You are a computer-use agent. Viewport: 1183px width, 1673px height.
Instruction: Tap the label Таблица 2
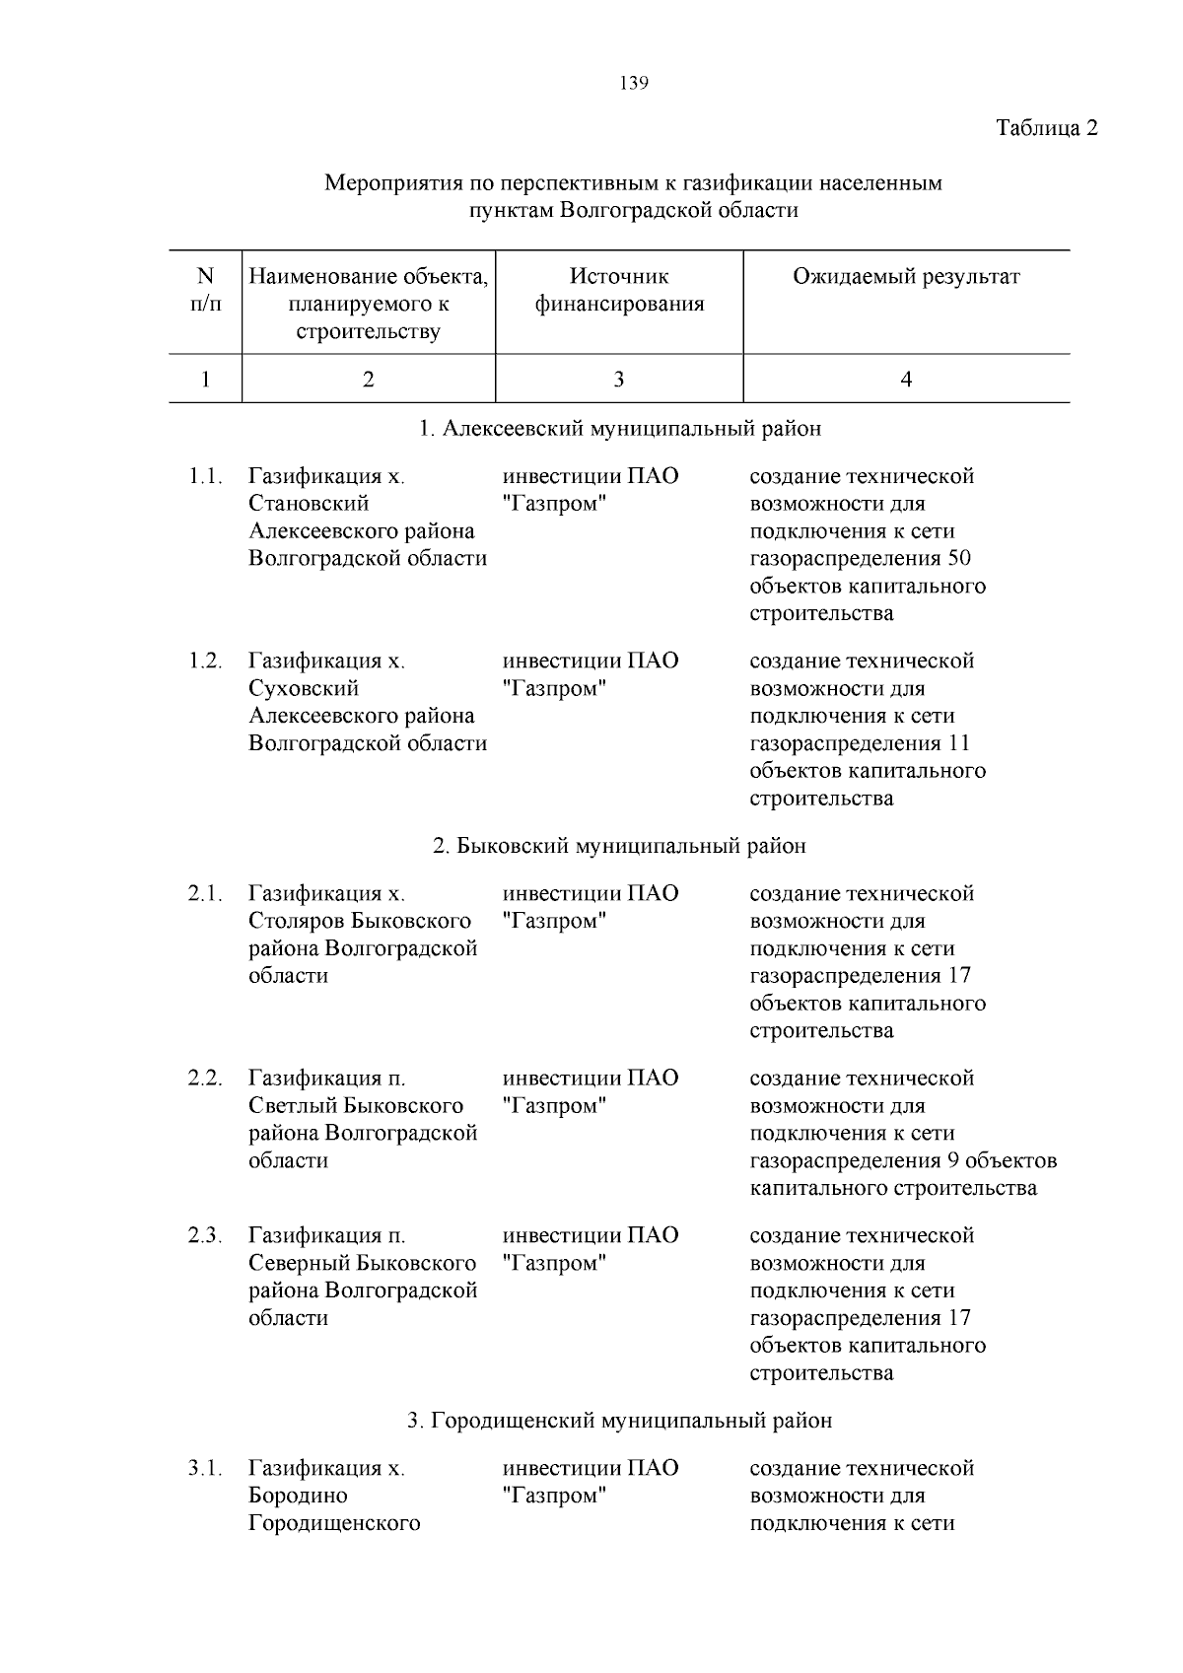pyautogui.click(x=1046, y=128)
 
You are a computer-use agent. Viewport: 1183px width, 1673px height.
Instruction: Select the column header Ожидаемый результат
pyautogui.click(x=906, y=277)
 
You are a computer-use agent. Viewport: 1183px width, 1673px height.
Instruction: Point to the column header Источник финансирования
pyautogui.click(x=619, y=290)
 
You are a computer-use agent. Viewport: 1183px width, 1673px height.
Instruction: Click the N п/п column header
pyautogui.click(x=205, y=290)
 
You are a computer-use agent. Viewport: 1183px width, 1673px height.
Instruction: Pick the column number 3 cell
pyautogui.click(x=618, y=380)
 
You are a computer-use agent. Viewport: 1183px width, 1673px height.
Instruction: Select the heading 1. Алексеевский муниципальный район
pyautogui.click(x=619, y=429)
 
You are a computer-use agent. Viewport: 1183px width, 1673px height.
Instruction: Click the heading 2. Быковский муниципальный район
pyautogui.click(x=619, y=846)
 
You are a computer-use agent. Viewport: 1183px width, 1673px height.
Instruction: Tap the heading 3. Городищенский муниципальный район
pyautogui.click(x=619, y=1421)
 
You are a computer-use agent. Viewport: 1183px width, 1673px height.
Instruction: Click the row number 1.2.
pyautogui.click(x=205, y=661)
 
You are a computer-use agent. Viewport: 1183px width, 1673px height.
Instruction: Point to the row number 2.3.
pyautogui.click(x=205, y=1235)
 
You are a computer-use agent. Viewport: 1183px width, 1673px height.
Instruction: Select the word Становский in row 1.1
pyautogui.click(x=309, y=504)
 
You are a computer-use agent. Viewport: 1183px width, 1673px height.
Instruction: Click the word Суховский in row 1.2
pyautogui.click(x=304, y=688)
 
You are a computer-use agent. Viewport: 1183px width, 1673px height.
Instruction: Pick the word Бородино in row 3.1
pyautogui.click(x=298, y=1496)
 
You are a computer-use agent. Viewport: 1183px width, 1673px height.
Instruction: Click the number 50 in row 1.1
pyautogui.click(x=958, y=559)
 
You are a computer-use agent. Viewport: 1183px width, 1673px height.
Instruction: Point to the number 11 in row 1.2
pyautogui.click(x=958, y=743)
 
